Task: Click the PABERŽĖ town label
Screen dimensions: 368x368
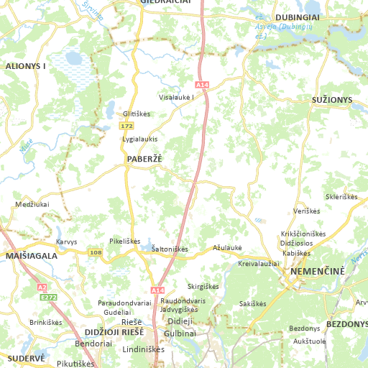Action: (144, 159)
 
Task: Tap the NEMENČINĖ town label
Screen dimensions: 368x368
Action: (317, 272)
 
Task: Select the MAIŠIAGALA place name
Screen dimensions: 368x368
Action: (31, 255)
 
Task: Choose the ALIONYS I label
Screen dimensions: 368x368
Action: (26, 65)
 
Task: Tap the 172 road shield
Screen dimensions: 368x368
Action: (126, 126)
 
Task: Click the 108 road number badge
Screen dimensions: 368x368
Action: (96, 252)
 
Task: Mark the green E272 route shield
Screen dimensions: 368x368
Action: (49, 297)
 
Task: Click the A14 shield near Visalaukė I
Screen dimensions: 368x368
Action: (202, 85)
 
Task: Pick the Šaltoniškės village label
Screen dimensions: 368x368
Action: (170, 249)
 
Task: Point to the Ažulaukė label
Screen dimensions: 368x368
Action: (228, 247)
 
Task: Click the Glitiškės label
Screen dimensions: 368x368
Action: (136, 114)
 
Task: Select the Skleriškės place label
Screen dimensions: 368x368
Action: (341, 197)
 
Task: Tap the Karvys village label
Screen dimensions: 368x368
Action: (66, 241)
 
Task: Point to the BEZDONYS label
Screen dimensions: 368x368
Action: (347, 323)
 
